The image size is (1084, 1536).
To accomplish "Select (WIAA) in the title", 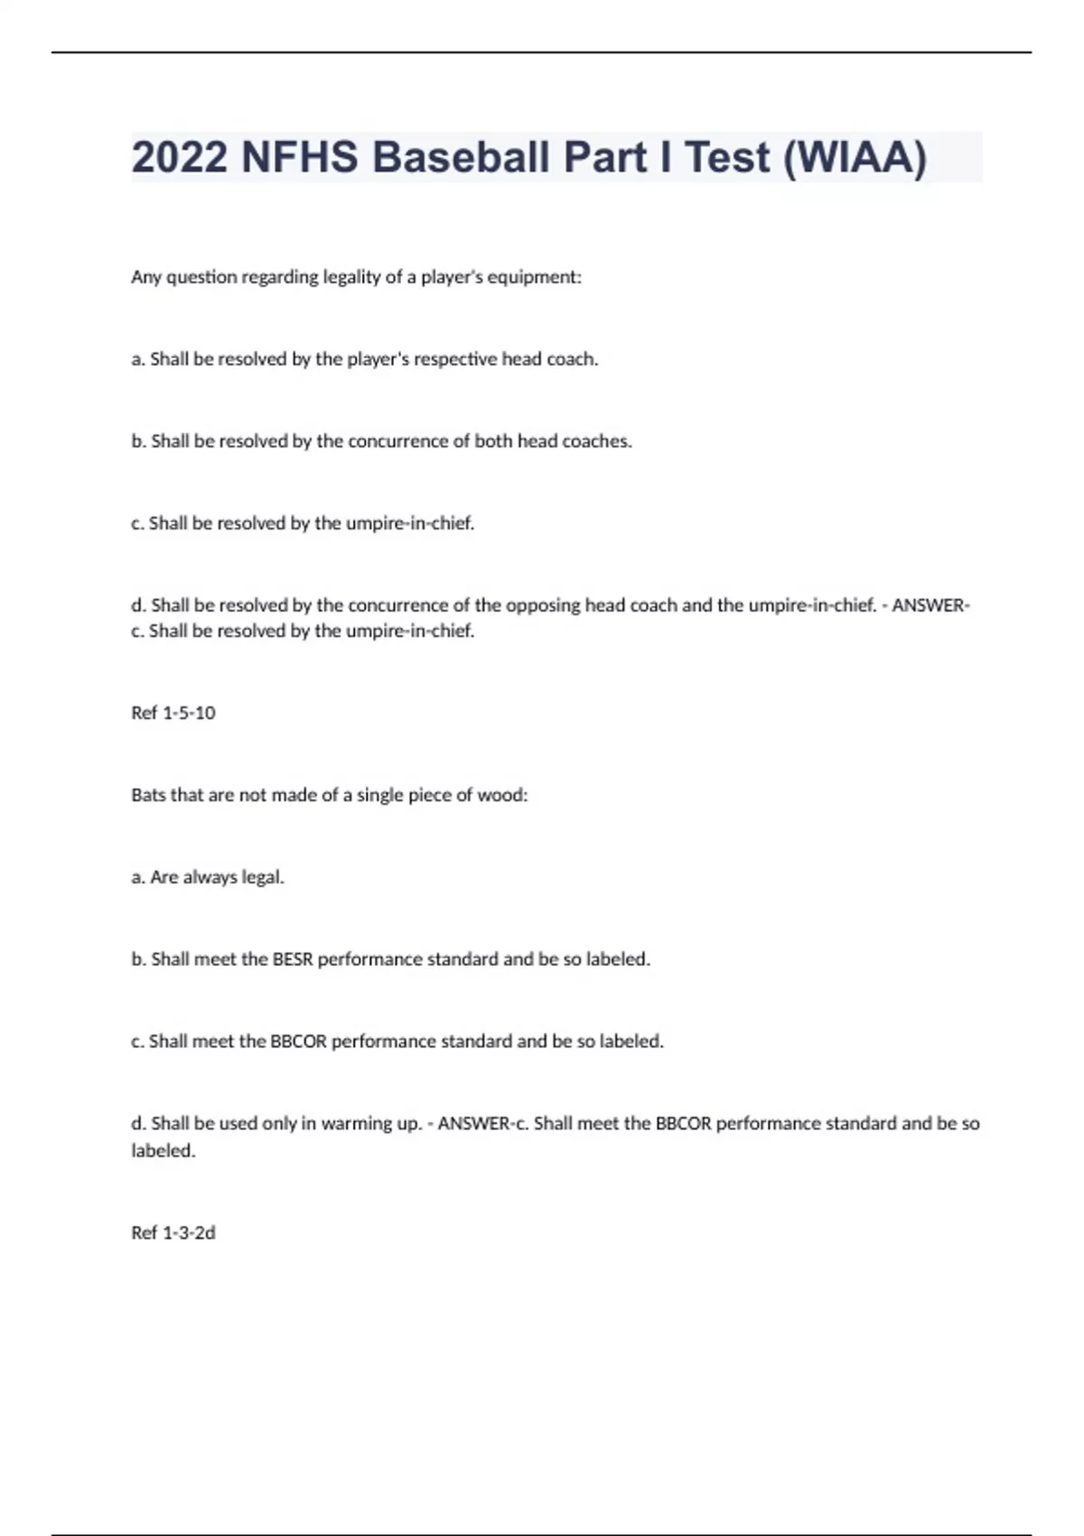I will pos(855,157).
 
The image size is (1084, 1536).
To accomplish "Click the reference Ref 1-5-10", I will pos(173,713).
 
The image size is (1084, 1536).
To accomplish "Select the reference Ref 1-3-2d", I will pos(173,1232).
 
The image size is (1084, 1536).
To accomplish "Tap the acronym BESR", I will pos(293,960).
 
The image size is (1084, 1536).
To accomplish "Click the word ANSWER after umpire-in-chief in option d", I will pos(930,605).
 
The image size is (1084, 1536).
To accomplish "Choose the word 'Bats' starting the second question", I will pos(148,795).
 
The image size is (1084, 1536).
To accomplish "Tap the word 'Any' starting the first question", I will pos(145,277).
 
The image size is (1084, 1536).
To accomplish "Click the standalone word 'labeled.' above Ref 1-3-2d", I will pos(164,1151).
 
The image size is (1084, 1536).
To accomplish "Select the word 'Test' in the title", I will pos(728,157).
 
